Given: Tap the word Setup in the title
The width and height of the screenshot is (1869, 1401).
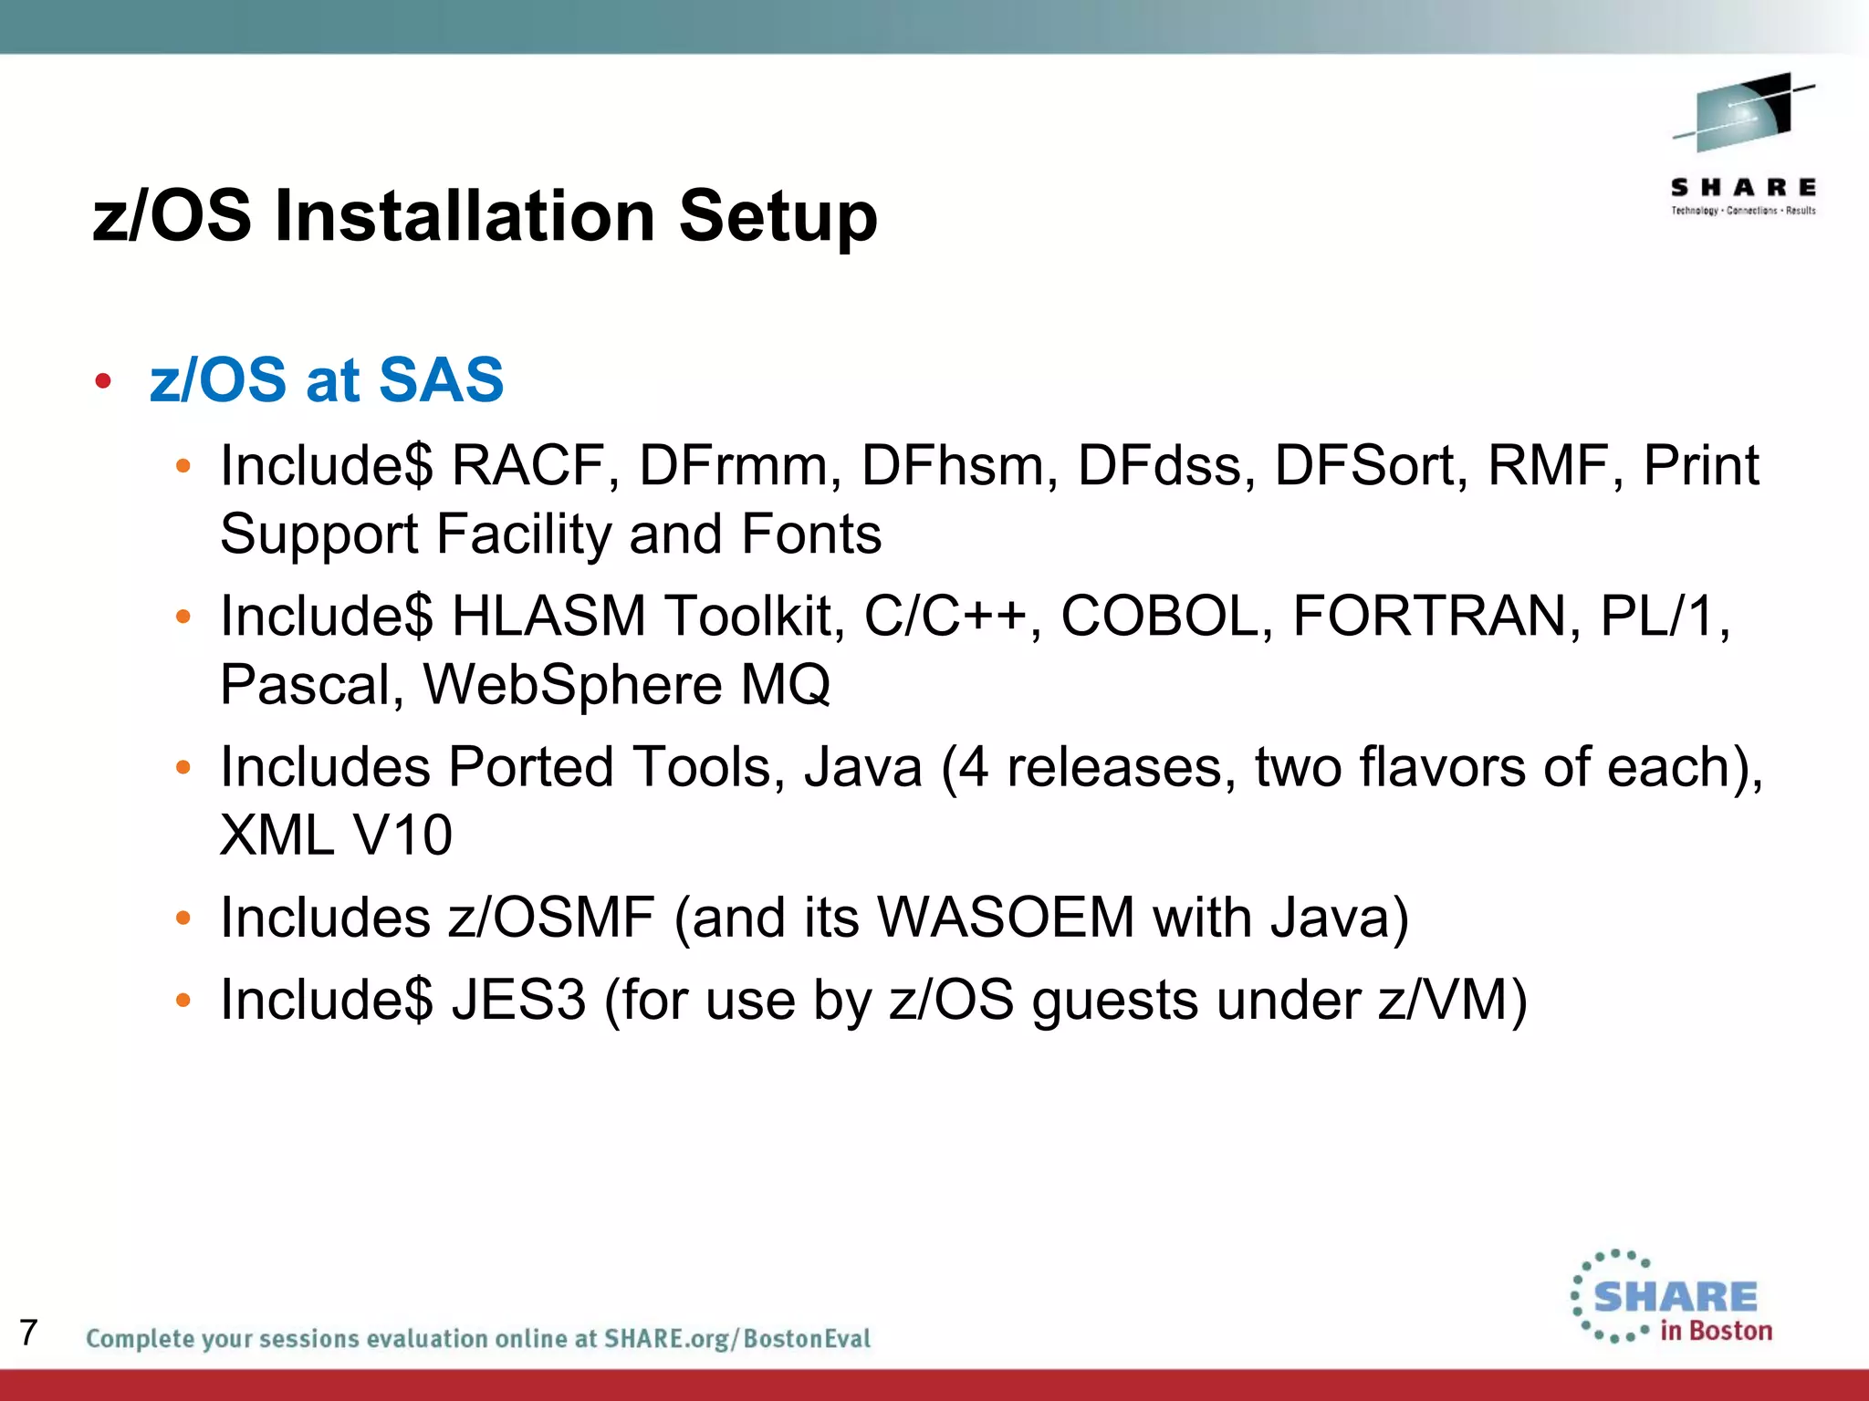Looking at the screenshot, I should (x=778, y=216).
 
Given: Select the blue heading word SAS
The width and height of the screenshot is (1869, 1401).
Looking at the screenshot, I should (x=441, y=379).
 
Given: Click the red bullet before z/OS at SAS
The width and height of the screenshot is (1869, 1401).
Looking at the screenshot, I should (x=103, y=380).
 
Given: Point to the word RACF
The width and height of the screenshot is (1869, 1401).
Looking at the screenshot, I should (x=530, y=465).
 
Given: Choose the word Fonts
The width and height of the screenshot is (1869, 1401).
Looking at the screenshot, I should (x=811, y=534).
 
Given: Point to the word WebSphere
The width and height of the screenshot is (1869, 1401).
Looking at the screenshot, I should (x=573, y=685).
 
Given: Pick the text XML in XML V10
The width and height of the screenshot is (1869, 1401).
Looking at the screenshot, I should (x=277, y=835).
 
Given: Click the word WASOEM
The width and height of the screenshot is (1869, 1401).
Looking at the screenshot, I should (x=1006, y=917).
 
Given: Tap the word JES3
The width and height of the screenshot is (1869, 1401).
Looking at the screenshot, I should (x=518, y=1000).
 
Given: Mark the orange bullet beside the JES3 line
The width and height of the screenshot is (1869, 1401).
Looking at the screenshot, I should (x=183, y=1001).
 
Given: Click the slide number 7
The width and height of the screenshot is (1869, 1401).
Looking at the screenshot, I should (x=28, y=1333).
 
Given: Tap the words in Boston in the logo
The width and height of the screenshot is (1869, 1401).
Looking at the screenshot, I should (x=1716, y=1331).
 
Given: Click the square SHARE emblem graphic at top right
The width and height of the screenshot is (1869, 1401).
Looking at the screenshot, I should (x=1743, y=113).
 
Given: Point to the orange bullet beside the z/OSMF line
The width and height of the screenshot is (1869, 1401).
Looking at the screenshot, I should (x=183, y=918).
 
